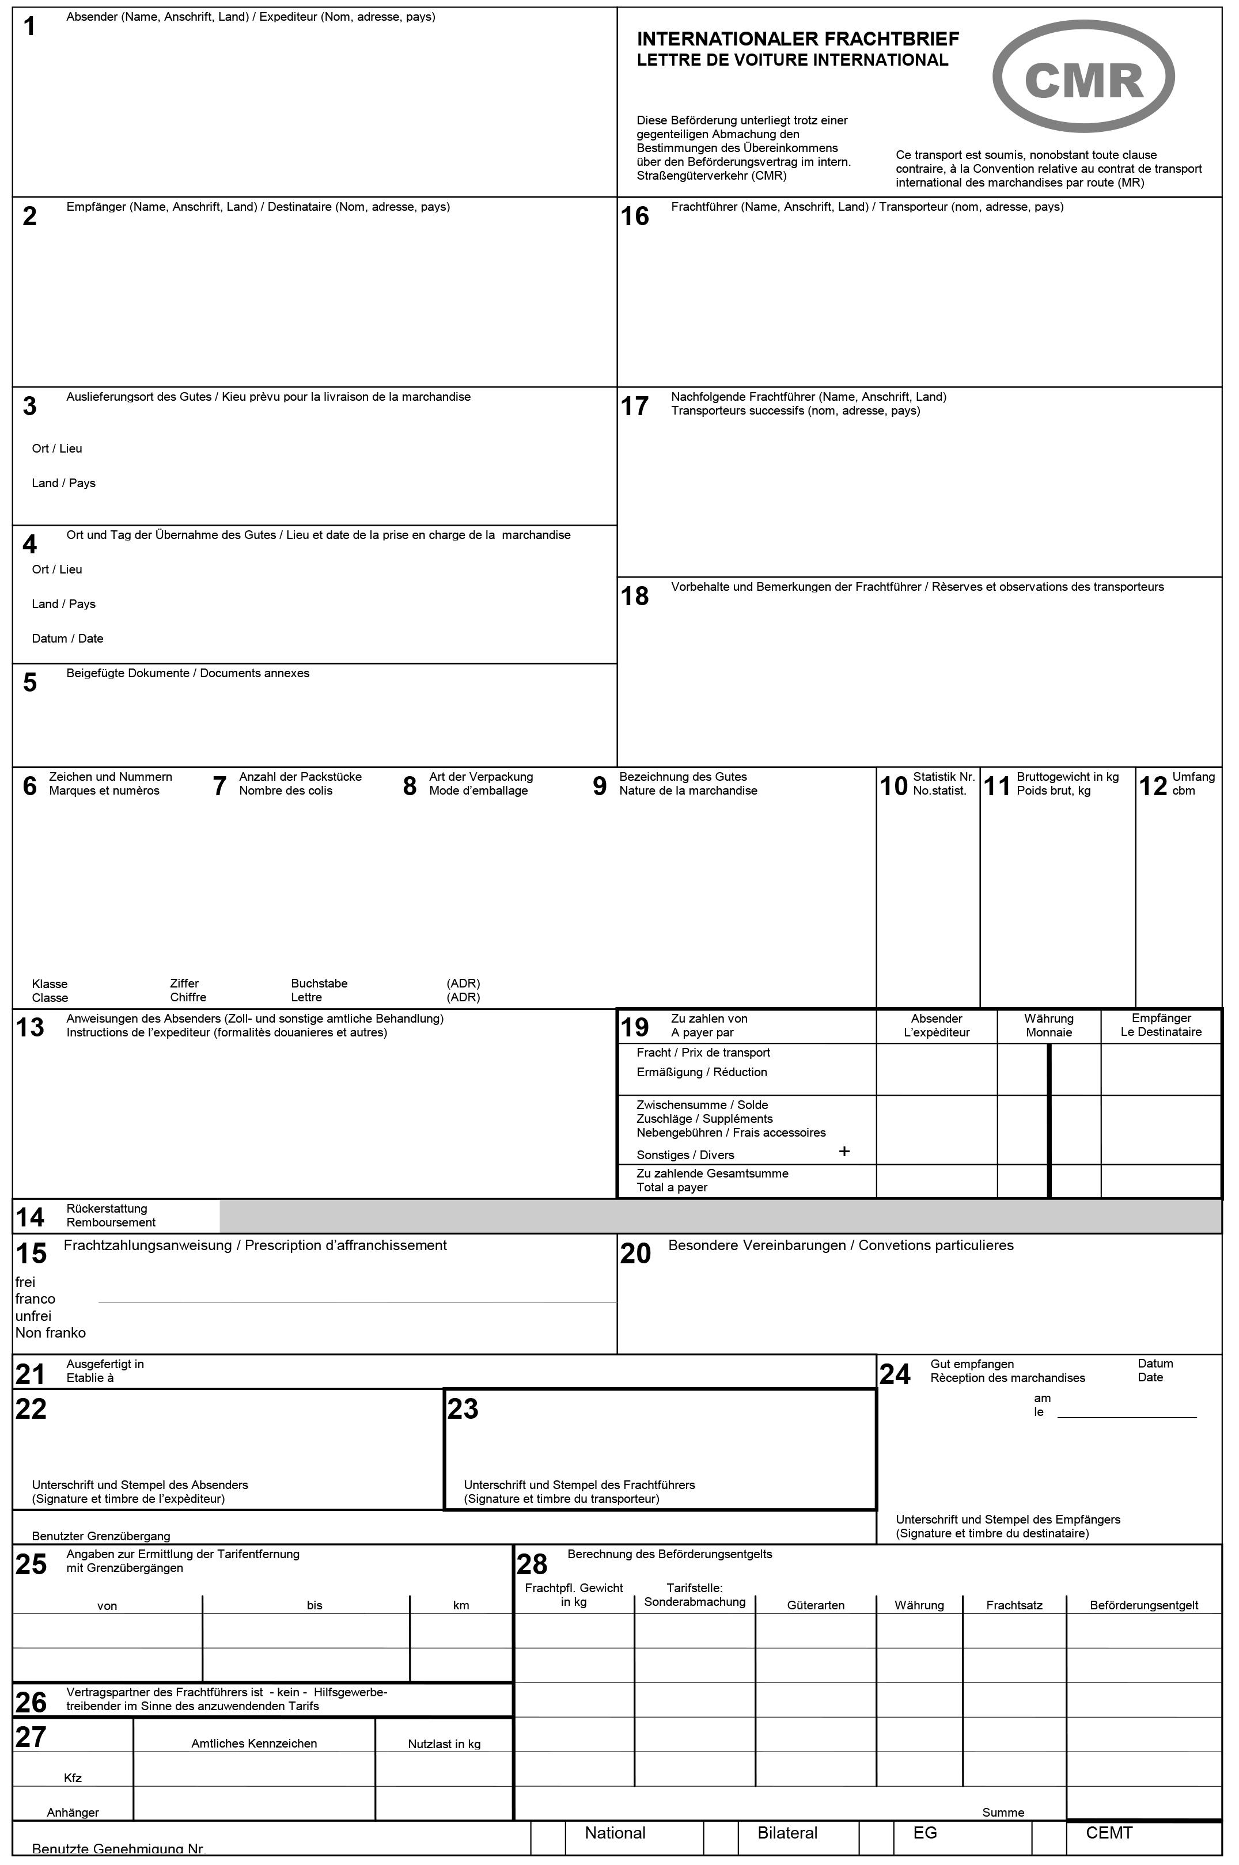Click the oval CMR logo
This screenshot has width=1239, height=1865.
(x=1083, y=77)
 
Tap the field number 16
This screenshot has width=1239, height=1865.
(x=635, y=216)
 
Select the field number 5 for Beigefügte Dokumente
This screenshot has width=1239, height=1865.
(x=30, y=682)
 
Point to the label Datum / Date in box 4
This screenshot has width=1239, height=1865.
(x=67, y=638)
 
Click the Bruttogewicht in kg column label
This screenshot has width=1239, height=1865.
(x=1067, y=784)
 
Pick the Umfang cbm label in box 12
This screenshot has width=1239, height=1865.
(x=1192, y=784)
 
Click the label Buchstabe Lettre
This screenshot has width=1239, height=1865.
(x=319, y=990)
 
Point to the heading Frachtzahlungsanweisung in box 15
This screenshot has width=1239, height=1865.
(x=255, y=1245)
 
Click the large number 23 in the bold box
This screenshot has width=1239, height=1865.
(x=463, y=1409)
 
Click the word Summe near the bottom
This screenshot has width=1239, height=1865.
(x=1003, y=1812)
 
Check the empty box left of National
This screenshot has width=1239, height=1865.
(x=548, y=1838)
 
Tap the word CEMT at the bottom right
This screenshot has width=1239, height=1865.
(x=1109, y=1833)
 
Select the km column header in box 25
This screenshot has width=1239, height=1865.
(x=461, y=1605)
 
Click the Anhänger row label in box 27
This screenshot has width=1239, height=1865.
(x=73, y=1812)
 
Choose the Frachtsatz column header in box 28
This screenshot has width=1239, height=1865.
(x=1014, y=1605)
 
